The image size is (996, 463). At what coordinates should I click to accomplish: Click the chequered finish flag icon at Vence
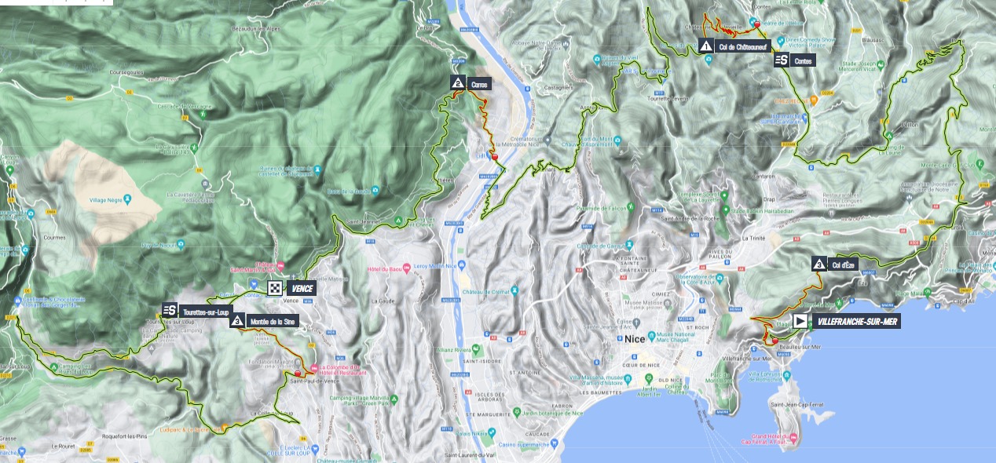275,289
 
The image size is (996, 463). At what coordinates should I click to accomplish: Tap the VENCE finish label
302,289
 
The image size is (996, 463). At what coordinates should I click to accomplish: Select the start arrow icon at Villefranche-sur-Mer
800,321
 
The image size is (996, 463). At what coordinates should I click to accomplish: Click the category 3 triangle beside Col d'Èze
819,264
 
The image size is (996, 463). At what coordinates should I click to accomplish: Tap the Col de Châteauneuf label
743,46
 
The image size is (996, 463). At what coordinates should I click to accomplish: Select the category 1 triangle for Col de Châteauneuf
705,46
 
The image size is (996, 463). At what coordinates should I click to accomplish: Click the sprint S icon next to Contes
782,60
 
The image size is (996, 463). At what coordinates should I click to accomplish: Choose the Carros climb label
479,82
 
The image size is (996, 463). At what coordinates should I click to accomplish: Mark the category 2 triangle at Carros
457,82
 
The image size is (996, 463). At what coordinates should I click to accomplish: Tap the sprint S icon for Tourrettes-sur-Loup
170,310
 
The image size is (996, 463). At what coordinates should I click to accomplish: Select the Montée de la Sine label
271,321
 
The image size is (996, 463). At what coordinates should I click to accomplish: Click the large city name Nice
634,340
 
